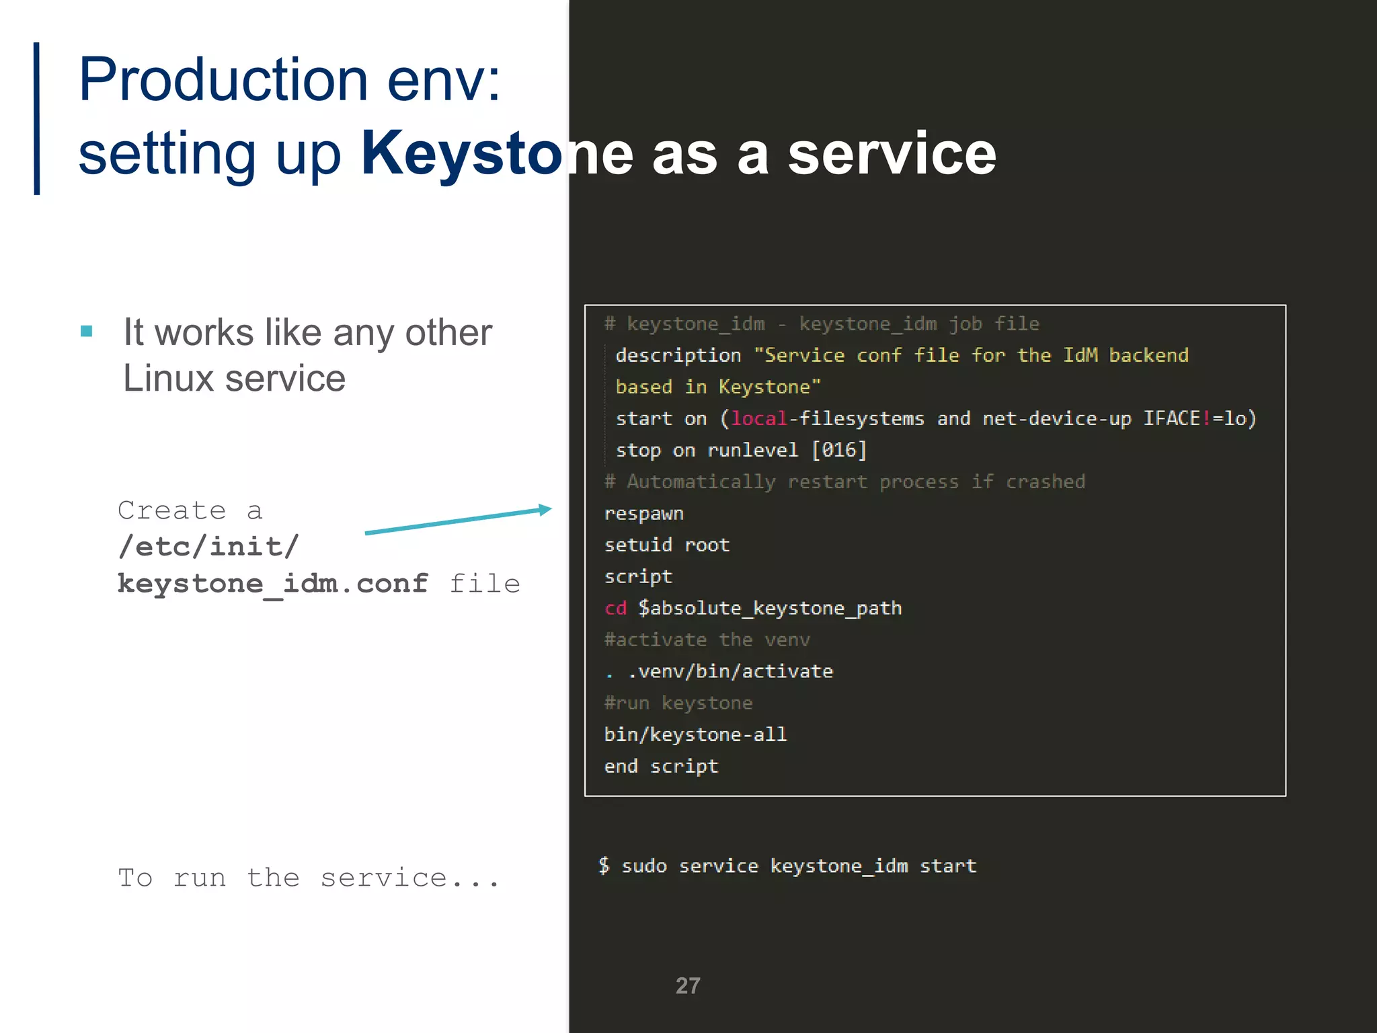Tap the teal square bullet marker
click(x=86, y=331)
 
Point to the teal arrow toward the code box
click(x=458, y=521)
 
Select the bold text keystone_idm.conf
click(x=272, y=583)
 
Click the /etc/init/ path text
click(x=208, y=546)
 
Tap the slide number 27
click(x=687, y=986)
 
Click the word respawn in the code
click(x=643, y=514)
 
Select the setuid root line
click(x=666, y=545)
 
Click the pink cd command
click(x=615, y=608)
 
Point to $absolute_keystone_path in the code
click(x=770, y=608)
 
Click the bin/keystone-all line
click(x=695, y=734)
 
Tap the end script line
click(x=661, y=766)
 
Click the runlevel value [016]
click(x=839, y=450)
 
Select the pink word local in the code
click(x=759, y=418)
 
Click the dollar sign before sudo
click(x=604, y=866)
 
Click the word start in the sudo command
click(x=947, y=866)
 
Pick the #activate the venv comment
click(x=707, y=640)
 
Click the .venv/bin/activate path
click(x=730, y=671)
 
